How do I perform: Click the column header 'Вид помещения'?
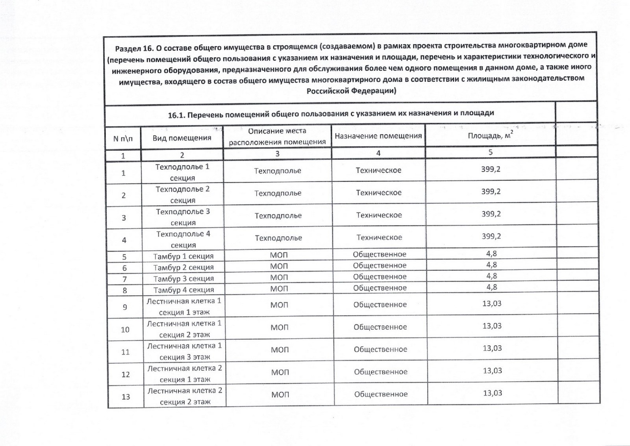pos(182,138)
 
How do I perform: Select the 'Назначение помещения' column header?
pos(378,136)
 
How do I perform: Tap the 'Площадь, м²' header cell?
pos(490,135)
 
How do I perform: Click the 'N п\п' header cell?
pos(123,139)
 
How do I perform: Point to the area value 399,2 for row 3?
pos(491,214)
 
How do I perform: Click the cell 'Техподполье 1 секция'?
pos(182,172)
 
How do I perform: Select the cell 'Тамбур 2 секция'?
pos(183,267)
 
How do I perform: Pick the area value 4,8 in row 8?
pos(491,287)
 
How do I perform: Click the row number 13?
pos(126,397)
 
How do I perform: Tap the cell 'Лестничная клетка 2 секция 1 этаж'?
pos(185,374)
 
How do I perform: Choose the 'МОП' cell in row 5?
pos(279,255)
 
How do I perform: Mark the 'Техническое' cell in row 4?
pos(379,237)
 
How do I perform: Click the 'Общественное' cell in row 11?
pos(380,349)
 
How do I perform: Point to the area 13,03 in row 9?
pos(492,304)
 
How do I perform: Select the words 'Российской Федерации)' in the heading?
pos(351,91)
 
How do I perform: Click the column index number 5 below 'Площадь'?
pos(490,152)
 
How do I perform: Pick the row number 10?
pos(125,329)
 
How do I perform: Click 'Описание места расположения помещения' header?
pos(277,136)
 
